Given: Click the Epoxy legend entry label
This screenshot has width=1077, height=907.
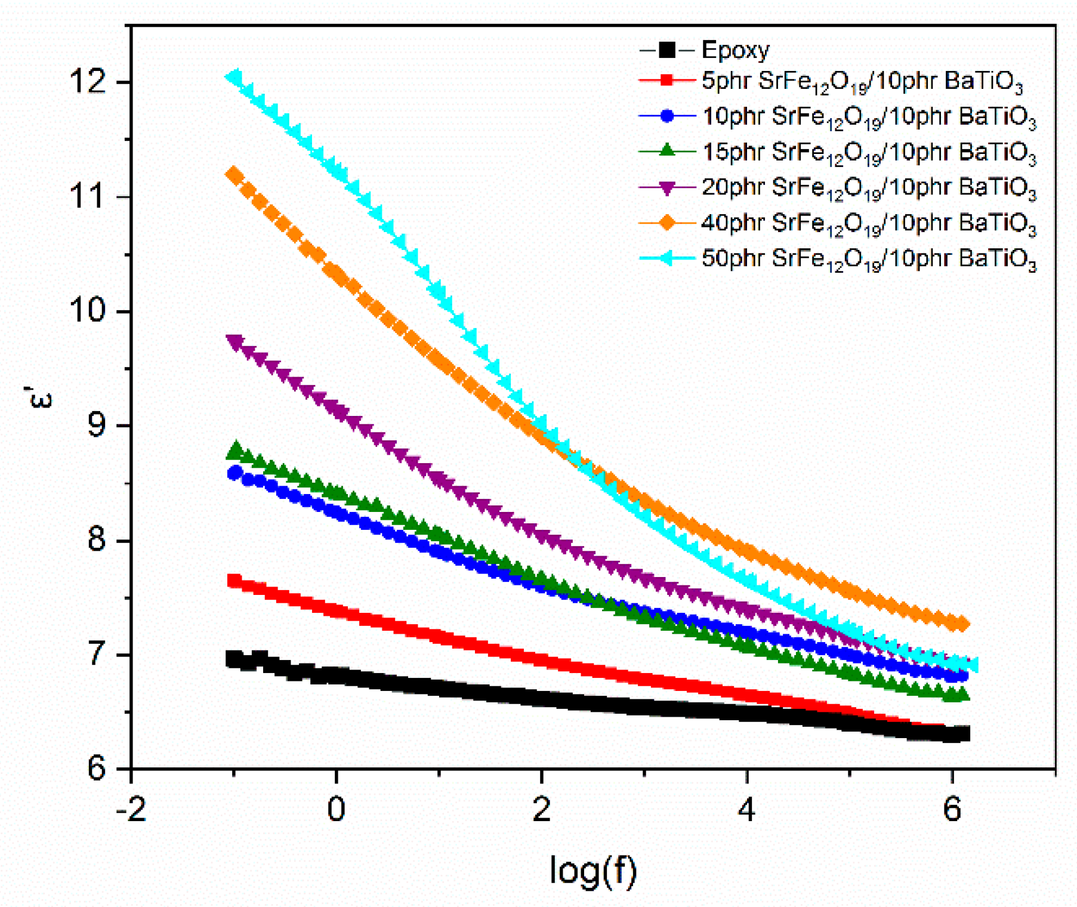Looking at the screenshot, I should coord(735,50).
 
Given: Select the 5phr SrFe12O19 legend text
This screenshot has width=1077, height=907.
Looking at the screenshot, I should coord(862,82).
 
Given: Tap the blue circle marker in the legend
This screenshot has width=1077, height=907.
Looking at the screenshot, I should coord(667,116).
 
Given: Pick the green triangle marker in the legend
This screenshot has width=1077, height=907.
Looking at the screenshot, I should coord(667,150).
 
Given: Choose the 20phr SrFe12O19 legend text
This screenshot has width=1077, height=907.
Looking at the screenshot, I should coord(868,188).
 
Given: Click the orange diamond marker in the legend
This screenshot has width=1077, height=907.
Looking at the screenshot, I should coord(667,223).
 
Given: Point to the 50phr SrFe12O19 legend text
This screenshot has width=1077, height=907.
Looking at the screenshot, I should coord(868,259).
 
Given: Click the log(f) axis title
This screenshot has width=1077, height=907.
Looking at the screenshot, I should coord(592,870).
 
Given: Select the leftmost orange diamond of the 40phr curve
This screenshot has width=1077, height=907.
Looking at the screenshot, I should coord(234,175).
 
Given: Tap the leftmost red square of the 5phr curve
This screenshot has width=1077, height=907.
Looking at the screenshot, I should coord(234,581).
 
